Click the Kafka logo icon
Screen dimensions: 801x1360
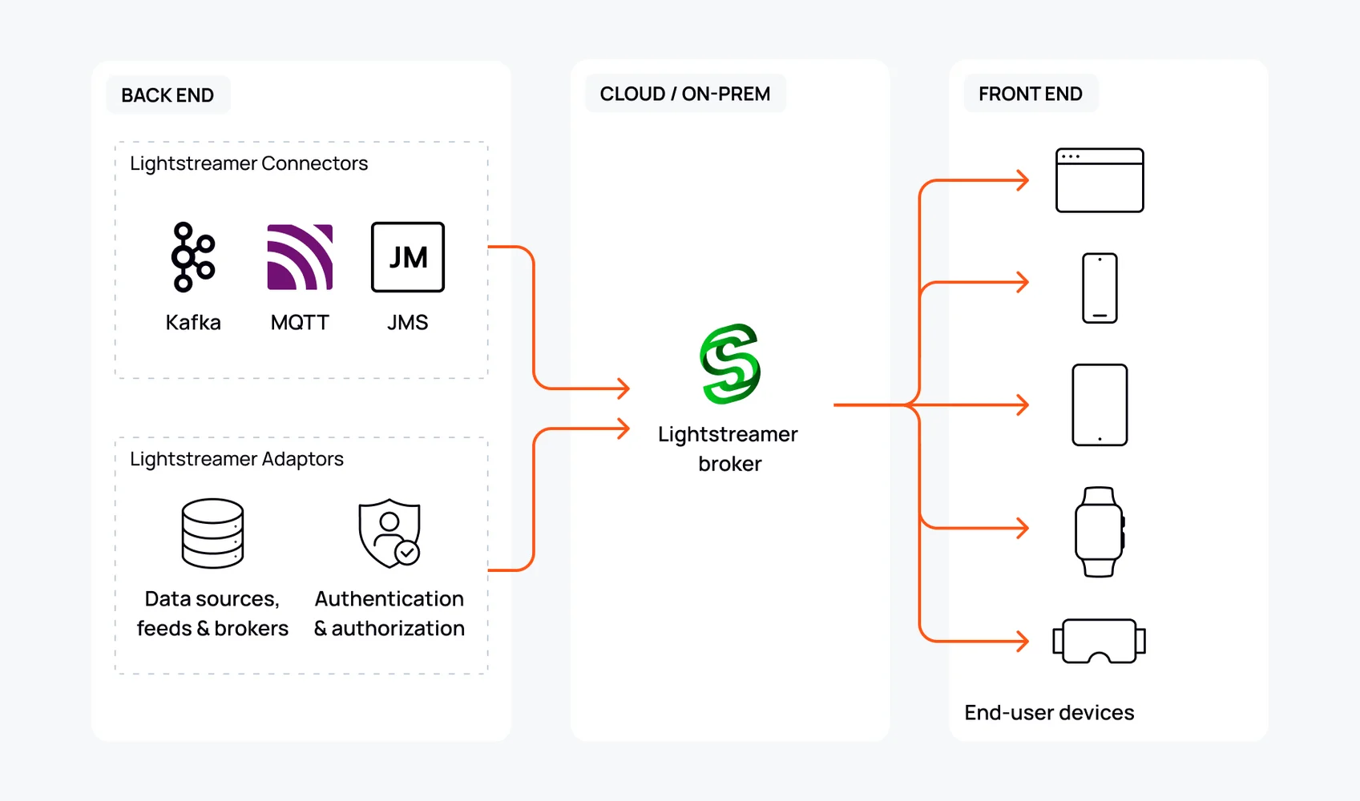[x=193, y=257]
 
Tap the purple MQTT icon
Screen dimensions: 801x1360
[x=300, y=257]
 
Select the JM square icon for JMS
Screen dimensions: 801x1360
[x=408, y=257]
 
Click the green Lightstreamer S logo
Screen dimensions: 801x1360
[x=730, y=364]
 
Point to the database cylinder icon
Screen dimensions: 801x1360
[x=212, y=533]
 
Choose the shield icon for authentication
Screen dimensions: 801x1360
[x=389, y=533]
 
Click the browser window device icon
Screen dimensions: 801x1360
[x=1100, y=180]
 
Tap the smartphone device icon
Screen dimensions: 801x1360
[x=1100, y=288]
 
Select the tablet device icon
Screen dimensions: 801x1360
[x=1100, y=405]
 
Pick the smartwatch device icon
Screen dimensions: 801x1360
[x=1099, y=532]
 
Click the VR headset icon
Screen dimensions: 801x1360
[x=1099, y=641]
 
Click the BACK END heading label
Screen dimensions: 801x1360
[x=167, y=95]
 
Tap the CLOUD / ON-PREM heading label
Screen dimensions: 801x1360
[x=685, y=94]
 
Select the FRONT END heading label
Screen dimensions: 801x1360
[x=1031, y=94]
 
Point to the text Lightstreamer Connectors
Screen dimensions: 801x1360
[x=248, y=163]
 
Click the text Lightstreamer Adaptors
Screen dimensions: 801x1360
[x=236, y=459]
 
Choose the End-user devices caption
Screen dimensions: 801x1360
[x=1049, y=713]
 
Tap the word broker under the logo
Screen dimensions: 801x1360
[x=730, y=464]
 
